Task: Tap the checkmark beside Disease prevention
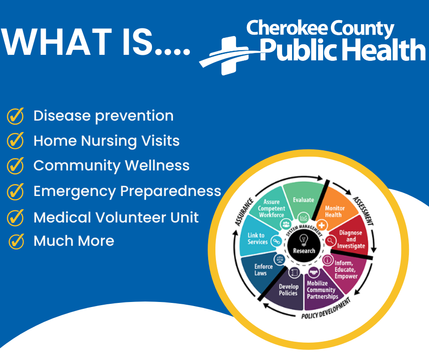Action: [x=16, y=116]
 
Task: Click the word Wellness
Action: [x=157, y=165]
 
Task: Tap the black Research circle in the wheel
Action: [x=303, y=244]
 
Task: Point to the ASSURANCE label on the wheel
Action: [x=244, y=212]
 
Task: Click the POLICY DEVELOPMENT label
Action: [x=326, y=309]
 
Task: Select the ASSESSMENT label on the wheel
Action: [x=363, y=211]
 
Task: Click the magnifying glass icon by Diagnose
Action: [x=330, y=241]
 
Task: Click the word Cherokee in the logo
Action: [x=287, y=28]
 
